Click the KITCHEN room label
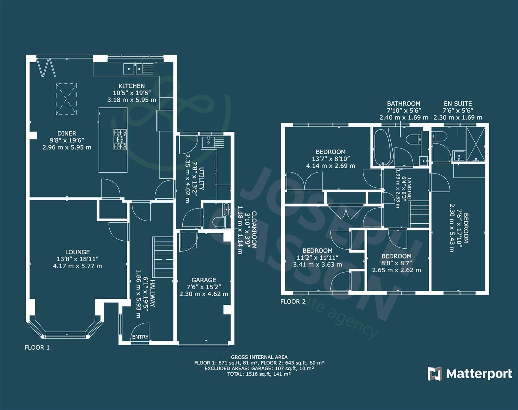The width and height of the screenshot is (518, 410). [x=131, y=86]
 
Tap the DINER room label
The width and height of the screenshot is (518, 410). [x=67, y=133]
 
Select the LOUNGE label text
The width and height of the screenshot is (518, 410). [x=77, y=252]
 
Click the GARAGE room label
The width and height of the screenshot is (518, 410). [x=204, y=280]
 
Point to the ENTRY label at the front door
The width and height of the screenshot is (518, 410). [x=140, y=337]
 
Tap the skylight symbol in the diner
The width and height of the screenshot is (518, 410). [x=66, y=99]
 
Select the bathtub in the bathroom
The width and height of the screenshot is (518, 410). [x=381, y=147]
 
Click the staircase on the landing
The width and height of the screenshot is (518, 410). [x=419, y=215]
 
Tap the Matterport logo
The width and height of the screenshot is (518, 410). [x=470, y=374]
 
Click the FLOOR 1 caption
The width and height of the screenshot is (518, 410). [x=37, y=347]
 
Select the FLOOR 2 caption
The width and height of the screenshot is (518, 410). [x=293, y=302]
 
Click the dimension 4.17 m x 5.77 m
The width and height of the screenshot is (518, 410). [x=77, y=266]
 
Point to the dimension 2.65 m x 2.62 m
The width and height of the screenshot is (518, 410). [x=396, y=270]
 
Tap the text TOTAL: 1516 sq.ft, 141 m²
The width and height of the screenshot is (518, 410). [x=259, y=374]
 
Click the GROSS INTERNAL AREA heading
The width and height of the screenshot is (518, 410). [x=259, y=357]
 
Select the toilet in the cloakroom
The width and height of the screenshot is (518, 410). [x=219, y=223]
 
